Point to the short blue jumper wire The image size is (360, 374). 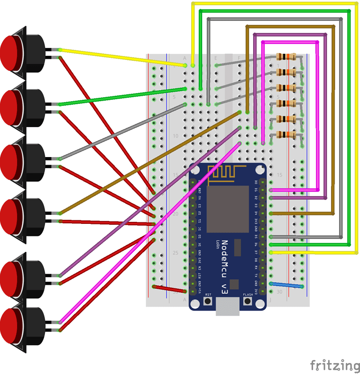click(x=286, y=285)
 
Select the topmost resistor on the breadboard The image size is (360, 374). click(x=287, y=56)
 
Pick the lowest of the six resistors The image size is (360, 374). click(x=287, y=135)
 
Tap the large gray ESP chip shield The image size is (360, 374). click(x=228, y=210)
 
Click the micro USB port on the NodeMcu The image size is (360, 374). click(x=228, y=307)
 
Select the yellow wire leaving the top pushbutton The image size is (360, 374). click(x=120, y=57)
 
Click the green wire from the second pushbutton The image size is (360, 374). click(x=120, y=97)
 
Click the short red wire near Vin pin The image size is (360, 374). click(x=169, y=289)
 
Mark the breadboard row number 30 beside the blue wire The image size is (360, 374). click(x=279, y=292)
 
